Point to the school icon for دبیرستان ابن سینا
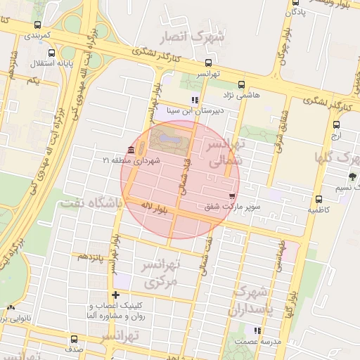[195, 100]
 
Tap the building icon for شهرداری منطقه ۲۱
[131, 150]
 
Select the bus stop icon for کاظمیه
[320, 199]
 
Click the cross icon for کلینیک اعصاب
[116, 295]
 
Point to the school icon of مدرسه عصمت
[257, 330]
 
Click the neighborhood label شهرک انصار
[202, 37]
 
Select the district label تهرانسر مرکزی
[163, 274]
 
